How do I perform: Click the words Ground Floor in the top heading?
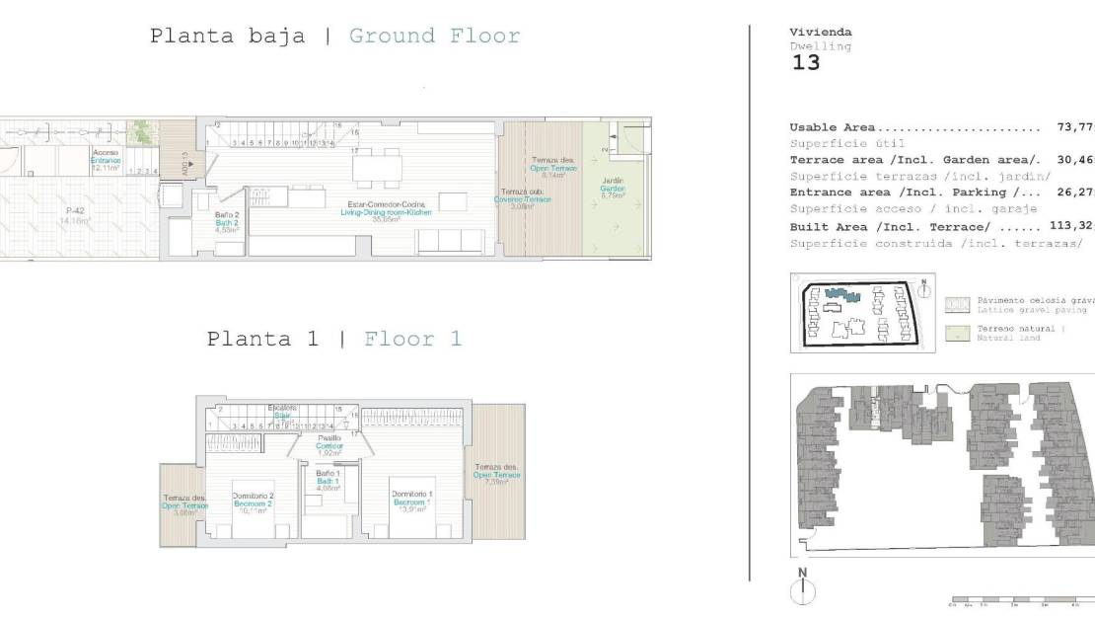point(434,37)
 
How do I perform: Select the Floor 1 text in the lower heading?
point(412,339)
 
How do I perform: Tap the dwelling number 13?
point(806,63)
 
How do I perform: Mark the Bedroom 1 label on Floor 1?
point(411,502)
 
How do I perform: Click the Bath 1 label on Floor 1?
point(328,481)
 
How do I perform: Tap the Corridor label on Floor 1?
point(329,445)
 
